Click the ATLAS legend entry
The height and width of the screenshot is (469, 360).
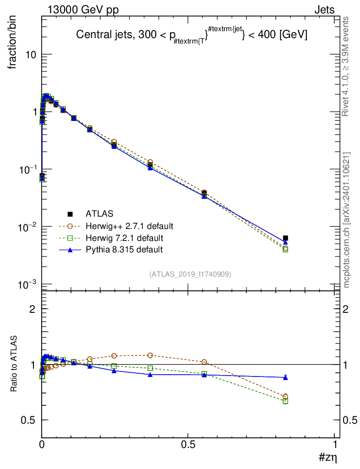pyautogui.click(x=99, y=213)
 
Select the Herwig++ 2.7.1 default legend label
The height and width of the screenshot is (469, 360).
pyautogui.click(x=129, y=226)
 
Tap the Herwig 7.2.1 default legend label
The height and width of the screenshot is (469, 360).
pyautogui.click(x=124, y=238)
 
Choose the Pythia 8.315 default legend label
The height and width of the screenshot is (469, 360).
pyautogui.click(x=124, y=250)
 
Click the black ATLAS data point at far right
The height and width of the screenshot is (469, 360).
pyautogui.click(x=285, y=238)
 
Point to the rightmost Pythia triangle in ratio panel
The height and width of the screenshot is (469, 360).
pyautogui.click(x=285, y=377)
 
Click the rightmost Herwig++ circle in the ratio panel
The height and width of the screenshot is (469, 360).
pyautogui.click(x=285, y=397)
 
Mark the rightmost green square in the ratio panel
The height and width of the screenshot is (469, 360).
pyautogui.click(x=285, y=401)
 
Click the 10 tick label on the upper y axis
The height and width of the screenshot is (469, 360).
pyautogui.click(x=31, y=55)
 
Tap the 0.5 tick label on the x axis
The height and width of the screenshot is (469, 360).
pyautogui.click(x=188, y=445)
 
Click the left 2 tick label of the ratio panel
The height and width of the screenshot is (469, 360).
pyautogui.click(x=33, y=309)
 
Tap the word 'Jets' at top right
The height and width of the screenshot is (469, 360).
pyautogui.click(x=324, y=10)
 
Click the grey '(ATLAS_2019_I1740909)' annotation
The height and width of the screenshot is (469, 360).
pyautogui.click(x=190, y=274)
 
